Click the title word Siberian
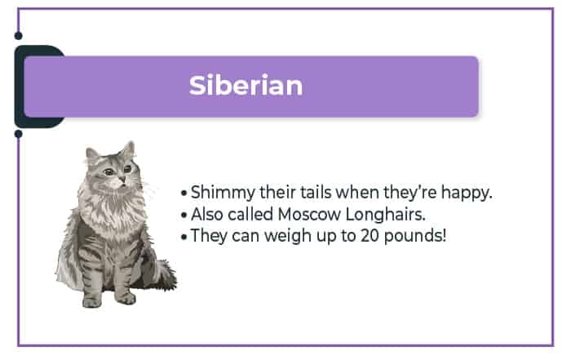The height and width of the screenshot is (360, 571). tap(246, 85)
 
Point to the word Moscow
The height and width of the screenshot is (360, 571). tap(309, 214)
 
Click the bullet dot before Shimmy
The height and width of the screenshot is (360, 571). tap(184, 193)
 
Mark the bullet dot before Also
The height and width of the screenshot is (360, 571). tap(184, 216)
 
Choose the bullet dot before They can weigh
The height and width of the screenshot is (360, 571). tap(184, 238)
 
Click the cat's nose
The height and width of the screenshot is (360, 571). tap(122, 179)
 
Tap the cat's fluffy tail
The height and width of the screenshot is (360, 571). tap(166, 274)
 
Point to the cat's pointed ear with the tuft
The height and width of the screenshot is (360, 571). tap(128, 150)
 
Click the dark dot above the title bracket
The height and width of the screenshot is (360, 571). tap(18, 36)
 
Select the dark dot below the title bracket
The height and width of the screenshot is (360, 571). tap(18, 134)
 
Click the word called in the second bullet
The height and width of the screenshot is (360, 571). tap(250, 214)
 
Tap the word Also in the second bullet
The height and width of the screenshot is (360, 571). tap(207, 214)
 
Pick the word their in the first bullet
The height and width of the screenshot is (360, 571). tap(277, 192)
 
